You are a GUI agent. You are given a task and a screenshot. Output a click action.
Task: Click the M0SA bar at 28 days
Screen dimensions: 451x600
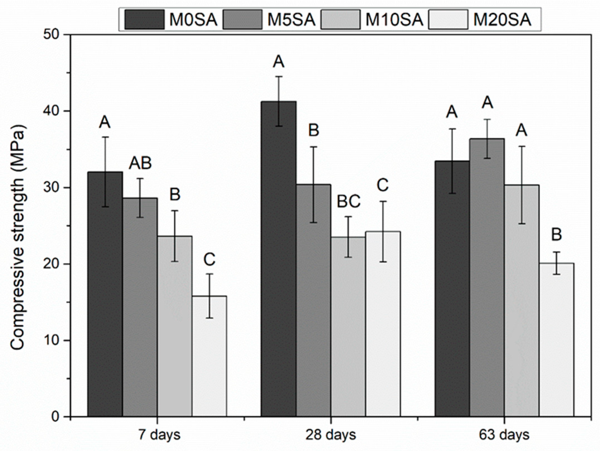click(x=278, y=260)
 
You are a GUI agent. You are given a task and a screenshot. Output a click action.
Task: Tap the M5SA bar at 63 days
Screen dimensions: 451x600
click(x=487, y=279)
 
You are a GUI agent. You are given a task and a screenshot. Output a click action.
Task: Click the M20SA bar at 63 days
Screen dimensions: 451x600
click(x=556, y=340)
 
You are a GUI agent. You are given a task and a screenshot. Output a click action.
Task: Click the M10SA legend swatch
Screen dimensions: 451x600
click(x=340, y=20)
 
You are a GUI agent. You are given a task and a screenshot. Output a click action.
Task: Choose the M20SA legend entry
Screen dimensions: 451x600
click(x=480, y=20)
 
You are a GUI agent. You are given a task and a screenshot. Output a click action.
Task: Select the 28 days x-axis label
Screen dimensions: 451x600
click(x=331, y=435)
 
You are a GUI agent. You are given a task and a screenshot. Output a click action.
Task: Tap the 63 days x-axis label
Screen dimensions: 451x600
click(x=504, y=435)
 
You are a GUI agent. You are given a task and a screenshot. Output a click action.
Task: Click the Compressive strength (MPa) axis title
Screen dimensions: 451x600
click(x=18, y=237)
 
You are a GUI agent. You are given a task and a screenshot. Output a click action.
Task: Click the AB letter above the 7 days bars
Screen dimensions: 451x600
click(x=140, y=163)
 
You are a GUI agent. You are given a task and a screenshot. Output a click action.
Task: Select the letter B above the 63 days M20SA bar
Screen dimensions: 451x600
click(x=556, y=235)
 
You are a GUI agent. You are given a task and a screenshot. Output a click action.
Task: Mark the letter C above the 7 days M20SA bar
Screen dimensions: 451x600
click(x=209, y=260)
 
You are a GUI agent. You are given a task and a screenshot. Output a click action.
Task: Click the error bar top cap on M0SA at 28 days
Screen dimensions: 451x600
click(x=278, y=76)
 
